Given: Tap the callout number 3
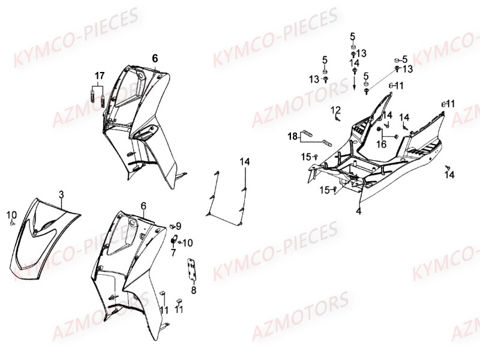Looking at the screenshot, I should pyautogui.click(x=61, y=194).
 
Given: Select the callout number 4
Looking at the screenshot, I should pyautogui.click(x=358, y=211).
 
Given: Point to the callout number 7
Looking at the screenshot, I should pyautogui.click(x=173, y=252).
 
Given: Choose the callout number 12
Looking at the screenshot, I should pyautogui.click(x=336, y=110).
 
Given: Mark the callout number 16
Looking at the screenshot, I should pyautogui.click(x=382, y=144).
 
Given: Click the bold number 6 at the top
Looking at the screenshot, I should pyautogui.click(x=155, y=58).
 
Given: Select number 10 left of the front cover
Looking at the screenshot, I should pyautogui.click(x=11, y=214).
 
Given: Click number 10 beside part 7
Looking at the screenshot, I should pyautogui.click(x=188, y=242).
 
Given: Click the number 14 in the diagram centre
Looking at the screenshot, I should pyautogui.click(x=245, y=161).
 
